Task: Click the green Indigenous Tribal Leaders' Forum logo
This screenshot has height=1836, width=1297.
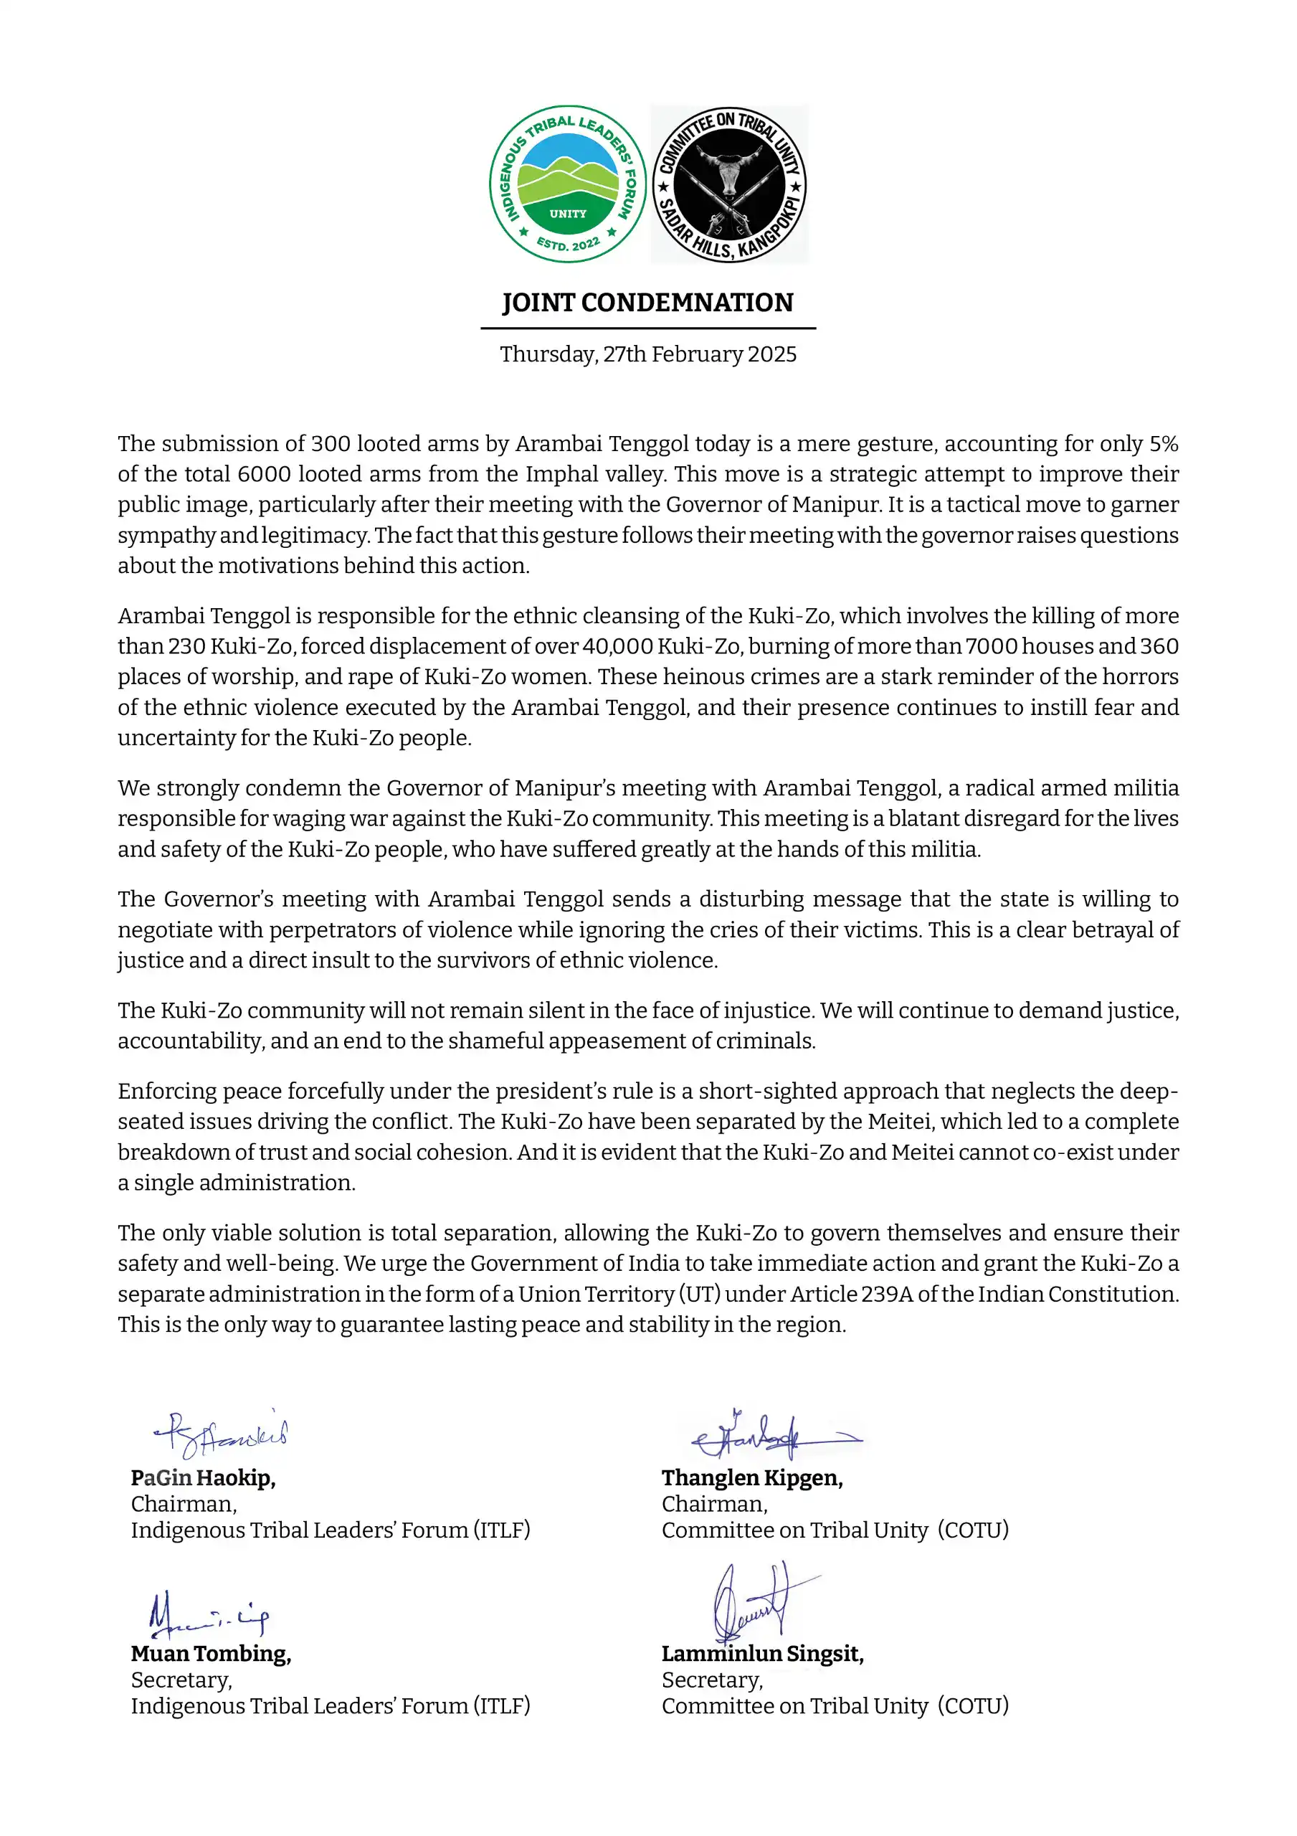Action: click(x=568, y=184)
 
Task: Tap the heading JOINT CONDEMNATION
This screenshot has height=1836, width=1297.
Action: click(x=647, y=303)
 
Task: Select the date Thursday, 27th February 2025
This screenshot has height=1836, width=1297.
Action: click(x=647, y=354)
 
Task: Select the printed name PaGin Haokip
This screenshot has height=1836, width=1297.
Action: click(x=203, y=1477)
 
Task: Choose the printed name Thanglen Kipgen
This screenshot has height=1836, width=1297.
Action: click(x=751, y=1477)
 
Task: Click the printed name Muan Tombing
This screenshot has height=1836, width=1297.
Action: click(x=211, y=1654)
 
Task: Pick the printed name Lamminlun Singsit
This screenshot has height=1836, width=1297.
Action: click(x=762, y=1654)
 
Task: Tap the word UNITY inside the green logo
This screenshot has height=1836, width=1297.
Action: click(x=568, y=214)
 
